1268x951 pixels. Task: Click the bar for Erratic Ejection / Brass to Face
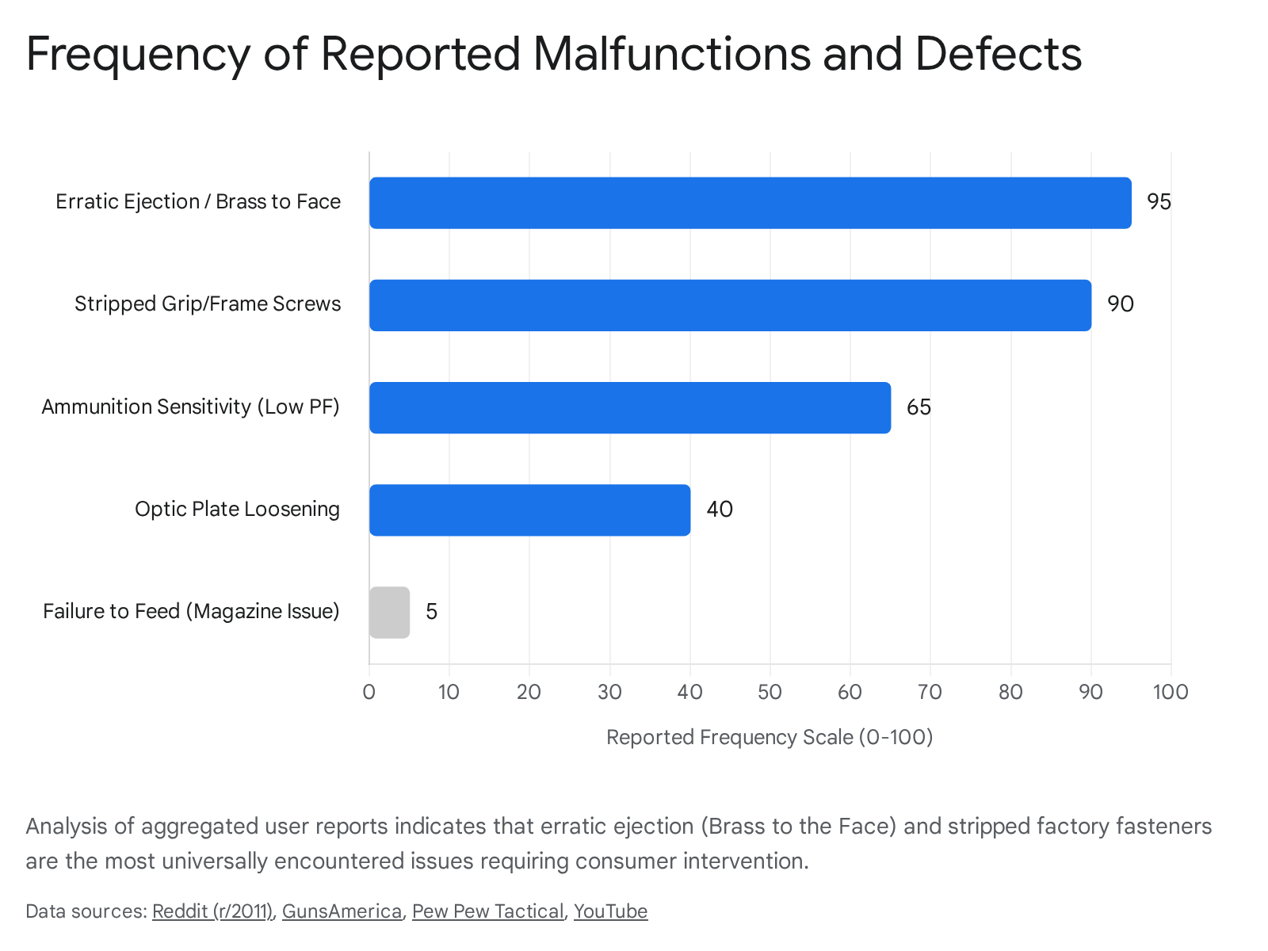point(750,203)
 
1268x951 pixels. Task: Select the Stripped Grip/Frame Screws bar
point(730,305)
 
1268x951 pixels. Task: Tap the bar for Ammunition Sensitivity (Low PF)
point(630,407)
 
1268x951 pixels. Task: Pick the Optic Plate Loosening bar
point(529,510)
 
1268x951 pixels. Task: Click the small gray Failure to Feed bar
point(389,612)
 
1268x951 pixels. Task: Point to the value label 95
point(1159,202)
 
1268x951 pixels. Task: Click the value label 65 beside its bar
point(919,407)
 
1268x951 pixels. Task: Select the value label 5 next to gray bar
point(431,612)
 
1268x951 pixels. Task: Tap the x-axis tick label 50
point(770,692)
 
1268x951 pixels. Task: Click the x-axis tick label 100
point(1170,692)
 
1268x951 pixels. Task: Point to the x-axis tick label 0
point(369,692)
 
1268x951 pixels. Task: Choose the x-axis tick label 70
point(930,692)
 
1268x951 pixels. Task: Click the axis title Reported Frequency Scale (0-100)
point(769,737)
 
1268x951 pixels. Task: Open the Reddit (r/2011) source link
point(212,911)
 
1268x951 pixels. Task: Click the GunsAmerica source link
point(342,911)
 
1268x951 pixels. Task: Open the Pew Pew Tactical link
point(487,911)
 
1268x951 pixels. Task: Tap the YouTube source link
point(610,911)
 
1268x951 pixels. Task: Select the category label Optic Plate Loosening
point(237,509)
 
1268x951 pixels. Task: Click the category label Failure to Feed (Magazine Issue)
point(191,611)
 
